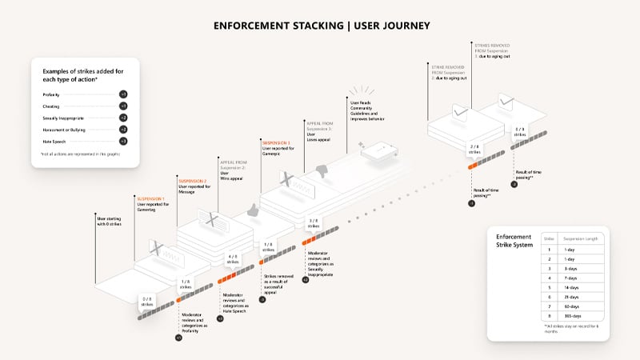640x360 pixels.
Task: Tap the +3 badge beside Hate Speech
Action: (122, 140)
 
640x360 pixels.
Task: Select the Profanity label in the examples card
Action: (53, 94)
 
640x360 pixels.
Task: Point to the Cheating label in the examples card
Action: (52, 106)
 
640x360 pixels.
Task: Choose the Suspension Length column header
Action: (578, 238)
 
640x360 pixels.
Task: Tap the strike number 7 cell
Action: (549, 305)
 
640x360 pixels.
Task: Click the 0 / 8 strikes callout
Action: (147, 302)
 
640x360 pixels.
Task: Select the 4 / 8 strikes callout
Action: (233, 259)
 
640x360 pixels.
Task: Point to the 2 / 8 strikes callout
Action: (474, 147)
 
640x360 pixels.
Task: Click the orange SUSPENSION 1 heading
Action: (151, 198)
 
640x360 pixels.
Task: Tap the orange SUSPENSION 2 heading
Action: (193, 181)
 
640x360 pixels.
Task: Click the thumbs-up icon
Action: (254, 210)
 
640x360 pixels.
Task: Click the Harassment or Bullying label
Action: (64, 129)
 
